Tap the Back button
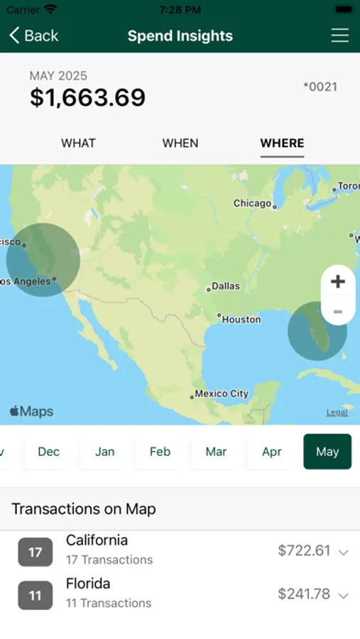coord(33,35)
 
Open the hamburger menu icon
coord(340,35)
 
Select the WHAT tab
coord(78,143)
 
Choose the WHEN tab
coord(180,143)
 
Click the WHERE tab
coord(282,143)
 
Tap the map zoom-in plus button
coord(338,281)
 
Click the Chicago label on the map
coord(253,204)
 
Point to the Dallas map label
coord(225,287)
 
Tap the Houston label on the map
coord(241,319)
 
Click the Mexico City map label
coord(221,394)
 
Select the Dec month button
coord(49,452)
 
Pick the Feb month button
coord(160,452)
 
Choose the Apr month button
coord(272,452)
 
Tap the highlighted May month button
coord(327,452)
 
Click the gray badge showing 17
coord(36,552)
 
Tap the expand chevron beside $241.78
coord(344,596)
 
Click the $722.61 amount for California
coord(304,551)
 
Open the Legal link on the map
coord(337,413)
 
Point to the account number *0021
coord(320,87)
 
